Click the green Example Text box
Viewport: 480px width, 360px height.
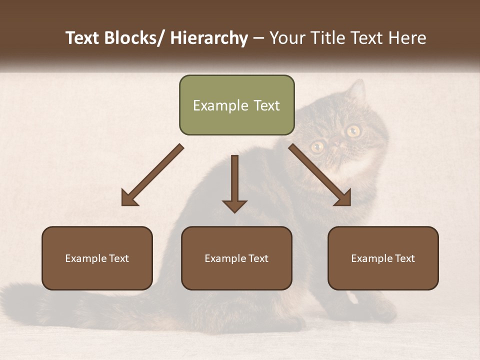point(236,105)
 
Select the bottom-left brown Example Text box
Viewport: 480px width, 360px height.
point(97,258)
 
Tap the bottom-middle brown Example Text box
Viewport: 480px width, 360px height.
point(236,258)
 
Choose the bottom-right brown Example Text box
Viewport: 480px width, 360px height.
point(383,258)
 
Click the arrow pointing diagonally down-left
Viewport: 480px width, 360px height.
point(151,175)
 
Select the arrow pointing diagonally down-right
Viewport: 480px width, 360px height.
point(320,175)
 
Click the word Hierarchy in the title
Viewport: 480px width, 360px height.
point(209,38)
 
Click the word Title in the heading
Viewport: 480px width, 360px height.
point(327,38)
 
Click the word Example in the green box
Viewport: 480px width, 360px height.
point(213,105)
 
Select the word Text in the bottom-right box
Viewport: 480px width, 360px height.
point(404,258)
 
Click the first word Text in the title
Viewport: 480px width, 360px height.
point(83,38)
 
